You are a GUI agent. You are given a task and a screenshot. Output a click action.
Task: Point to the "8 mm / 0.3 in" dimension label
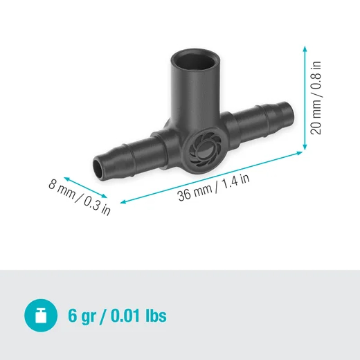[x=80, y=197]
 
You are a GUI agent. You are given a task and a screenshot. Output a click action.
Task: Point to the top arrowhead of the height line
[x=305, y=47]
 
